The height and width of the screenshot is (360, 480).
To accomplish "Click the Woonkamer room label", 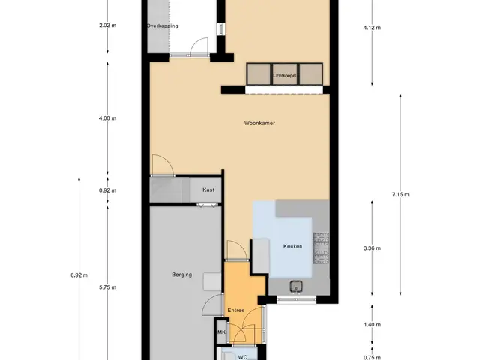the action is pos(259,123).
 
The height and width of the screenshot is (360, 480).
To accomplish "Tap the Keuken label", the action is pos(293,246).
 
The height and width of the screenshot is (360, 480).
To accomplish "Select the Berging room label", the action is pos(181,274).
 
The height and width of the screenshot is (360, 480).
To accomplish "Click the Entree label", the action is pos(236,310).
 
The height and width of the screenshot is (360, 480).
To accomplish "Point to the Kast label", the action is pos(208,190).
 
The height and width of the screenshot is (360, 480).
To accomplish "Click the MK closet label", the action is pos(222,332).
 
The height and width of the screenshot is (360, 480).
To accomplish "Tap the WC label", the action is pos(243,357).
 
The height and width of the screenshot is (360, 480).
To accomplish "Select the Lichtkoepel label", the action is pos(285,75).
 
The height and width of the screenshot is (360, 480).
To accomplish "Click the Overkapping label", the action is pos(162,25).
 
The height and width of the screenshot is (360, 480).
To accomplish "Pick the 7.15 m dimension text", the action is pos(400,194).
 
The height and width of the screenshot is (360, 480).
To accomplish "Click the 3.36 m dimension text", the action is pos(372,248).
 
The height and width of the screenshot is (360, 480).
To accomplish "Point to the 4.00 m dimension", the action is pos(107,118).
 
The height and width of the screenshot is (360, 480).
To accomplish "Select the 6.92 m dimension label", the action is pos(79,275).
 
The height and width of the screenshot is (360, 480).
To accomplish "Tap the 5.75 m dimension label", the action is pos(107,287).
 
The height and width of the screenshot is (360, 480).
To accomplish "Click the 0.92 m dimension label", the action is pos(107,190).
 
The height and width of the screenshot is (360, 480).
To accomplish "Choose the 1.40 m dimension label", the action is pos(372,325).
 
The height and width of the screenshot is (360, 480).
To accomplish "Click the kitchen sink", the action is pos(296,286).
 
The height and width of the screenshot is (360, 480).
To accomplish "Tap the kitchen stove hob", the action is pos(321,248).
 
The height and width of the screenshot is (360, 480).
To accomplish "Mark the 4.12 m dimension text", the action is pos(372,28).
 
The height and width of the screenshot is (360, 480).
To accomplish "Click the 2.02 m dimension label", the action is pos(107,25).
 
